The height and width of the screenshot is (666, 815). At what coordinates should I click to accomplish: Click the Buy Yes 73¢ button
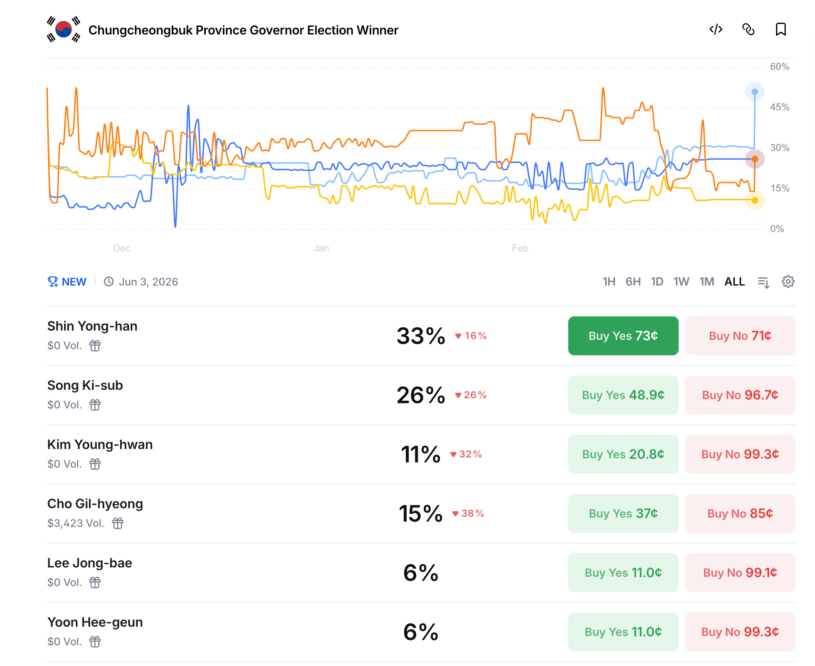coord(623,336)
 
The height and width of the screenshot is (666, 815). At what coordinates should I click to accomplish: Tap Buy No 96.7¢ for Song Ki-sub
coord(740,395)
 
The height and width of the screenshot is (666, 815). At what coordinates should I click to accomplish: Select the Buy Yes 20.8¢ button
coord(623,454)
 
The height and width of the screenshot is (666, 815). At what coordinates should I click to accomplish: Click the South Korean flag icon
coord(64,30)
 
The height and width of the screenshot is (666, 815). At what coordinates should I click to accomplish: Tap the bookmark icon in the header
coord(781,30)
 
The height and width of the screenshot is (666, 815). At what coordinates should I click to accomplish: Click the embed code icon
coord(716,30)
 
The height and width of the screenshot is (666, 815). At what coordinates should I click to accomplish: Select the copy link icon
coord(748,30)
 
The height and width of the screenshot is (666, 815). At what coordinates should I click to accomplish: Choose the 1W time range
coord(681,282)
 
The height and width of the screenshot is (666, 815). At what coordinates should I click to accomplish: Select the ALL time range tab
coord(735,282)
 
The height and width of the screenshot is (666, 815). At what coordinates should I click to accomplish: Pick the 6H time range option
coord(633,282)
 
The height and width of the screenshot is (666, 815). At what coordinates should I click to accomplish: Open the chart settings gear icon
coord(788,282)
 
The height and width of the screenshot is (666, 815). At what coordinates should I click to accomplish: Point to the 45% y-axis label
coord(780,107)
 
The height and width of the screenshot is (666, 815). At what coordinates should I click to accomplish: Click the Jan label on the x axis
coord(321,248)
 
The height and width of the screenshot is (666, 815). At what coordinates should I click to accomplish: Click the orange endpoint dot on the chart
coord(755,159)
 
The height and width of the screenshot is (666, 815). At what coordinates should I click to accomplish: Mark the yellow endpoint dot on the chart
coord(755,200)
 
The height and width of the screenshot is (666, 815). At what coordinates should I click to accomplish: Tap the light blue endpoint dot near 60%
coord(755,92)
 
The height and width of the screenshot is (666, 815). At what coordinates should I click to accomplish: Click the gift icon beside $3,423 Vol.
coord(118,523)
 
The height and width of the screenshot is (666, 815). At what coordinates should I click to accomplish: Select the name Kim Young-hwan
coord(100,445)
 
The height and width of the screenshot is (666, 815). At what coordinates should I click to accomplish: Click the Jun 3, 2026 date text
coord(148,282)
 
